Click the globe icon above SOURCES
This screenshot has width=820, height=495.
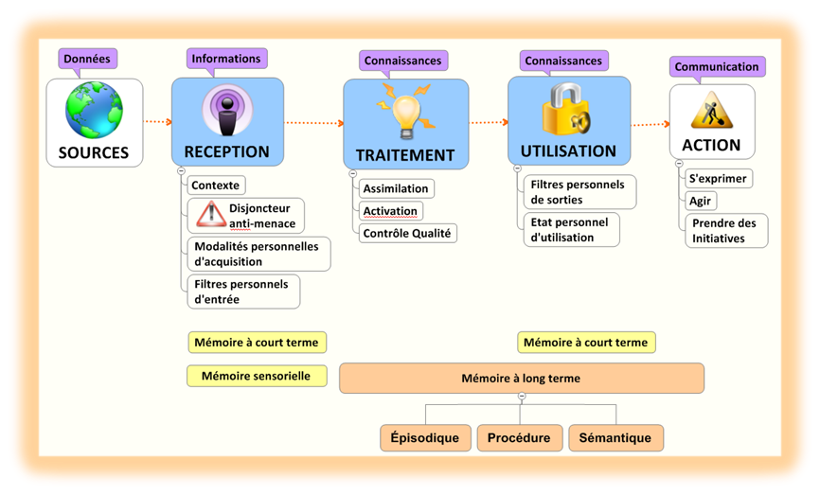click(x=94, y=111)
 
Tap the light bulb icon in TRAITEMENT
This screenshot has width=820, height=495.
click(x=405, y=110)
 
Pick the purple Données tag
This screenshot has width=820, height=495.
click(x=87, y=59)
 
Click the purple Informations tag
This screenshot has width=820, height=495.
click(x=226, y=59)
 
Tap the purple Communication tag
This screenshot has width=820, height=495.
click(x=717, y=67)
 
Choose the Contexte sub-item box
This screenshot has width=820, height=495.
click(x=215, y=186)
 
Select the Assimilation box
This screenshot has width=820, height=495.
click(x=396, y=188)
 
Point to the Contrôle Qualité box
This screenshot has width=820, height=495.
click(x=407, y=233)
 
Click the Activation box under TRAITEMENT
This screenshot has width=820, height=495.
click(x=390, y=210)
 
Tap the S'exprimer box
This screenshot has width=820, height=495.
click(x=718, y=178)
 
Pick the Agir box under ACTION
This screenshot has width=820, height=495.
click(x=701, y=201)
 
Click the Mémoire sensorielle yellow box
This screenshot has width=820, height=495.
click(x=257, y=376)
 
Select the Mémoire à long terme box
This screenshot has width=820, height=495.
click(x=521, y=379)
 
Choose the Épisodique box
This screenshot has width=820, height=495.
click(x=425, y=438)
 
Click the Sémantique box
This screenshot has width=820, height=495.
click(x=615, y=438)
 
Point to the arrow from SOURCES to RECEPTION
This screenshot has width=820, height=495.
click(x=157, y=121)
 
